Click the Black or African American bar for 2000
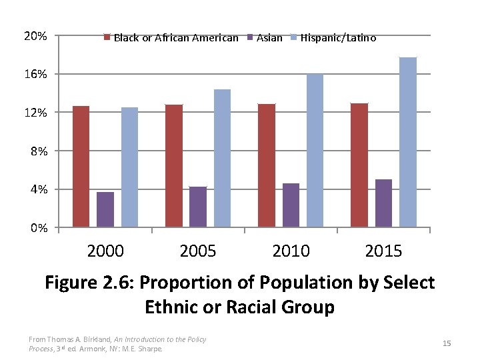(x=81, y=167)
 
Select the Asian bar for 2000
(x=105, y=209)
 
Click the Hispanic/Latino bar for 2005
(x=222, y=158)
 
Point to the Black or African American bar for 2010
(x=267, y=165)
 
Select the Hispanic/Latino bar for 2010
(x=315, y=151)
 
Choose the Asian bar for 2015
(x=383, y=203)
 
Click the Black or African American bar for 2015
(x=359, y=165)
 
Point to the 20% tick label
(x=35, y=35)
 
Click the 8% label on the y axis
(x=38, y=151)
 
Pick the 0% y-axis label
(x=38, y=229)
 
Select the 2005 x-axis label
(x=198, y=251)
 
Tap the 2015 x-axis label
(x=383, y=251)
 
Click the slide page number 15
(x=447, y=343)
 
